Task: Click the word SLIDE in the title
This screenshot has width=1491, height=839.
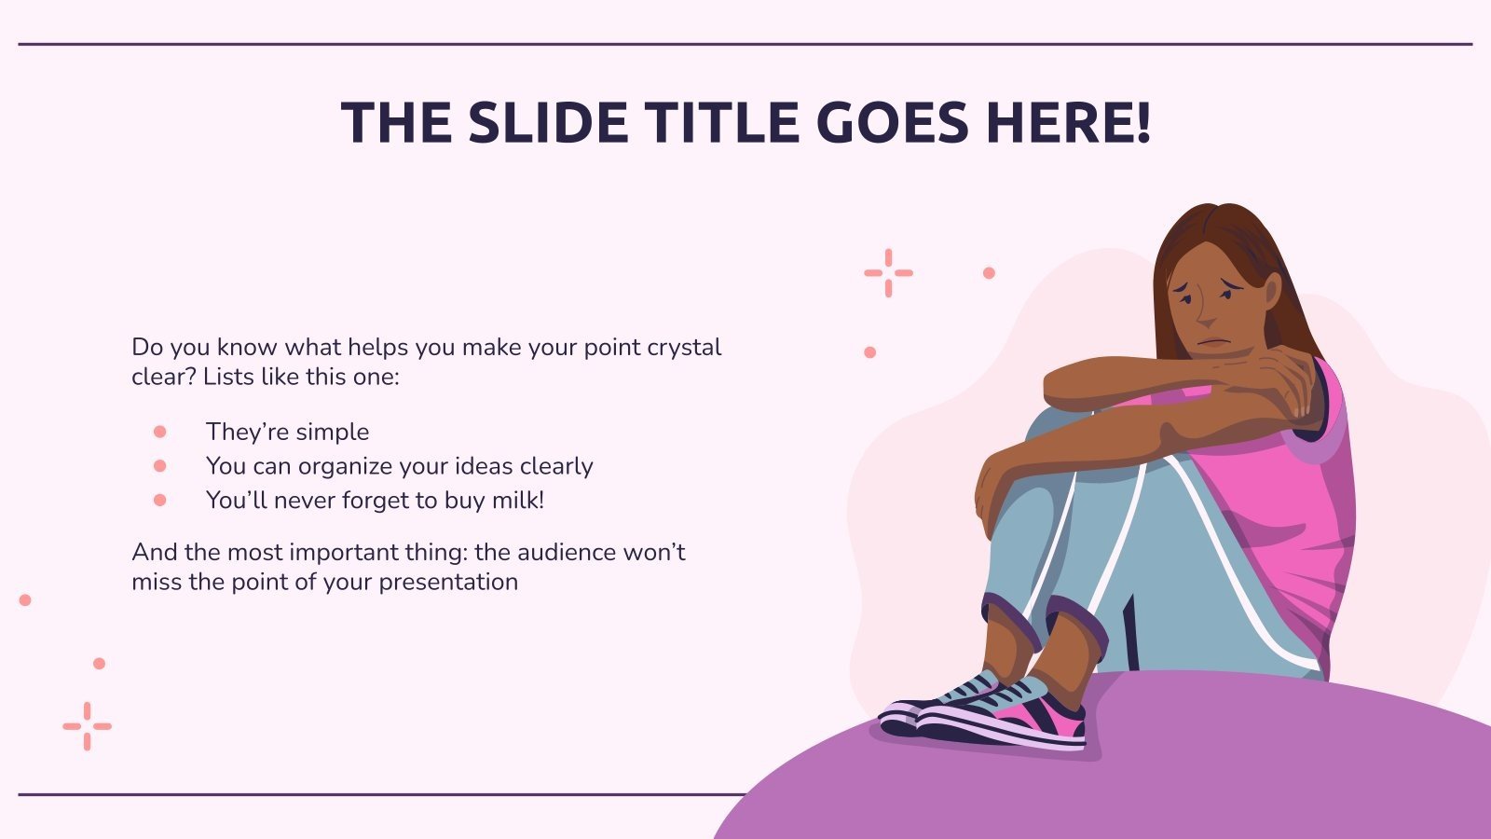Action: (548, 122)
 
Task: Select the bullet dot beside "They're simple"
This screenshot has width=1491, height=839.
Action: (159, 432)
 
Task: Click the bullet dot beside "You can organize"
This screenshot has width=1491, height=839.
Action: (159, 466)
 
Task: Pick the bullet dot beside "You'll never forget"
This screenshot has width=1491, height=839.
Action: (159, 500)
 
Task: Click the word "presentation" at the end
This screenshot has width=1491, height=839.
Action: (448, 583)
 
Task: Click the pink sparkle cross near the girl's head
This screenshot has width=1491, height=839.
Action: (889, 273)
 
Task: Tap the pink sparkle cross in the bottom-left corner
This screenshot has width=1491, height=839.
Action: (88, 726)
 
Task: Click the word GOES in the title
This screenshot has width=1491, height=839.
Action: (893, 122)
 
